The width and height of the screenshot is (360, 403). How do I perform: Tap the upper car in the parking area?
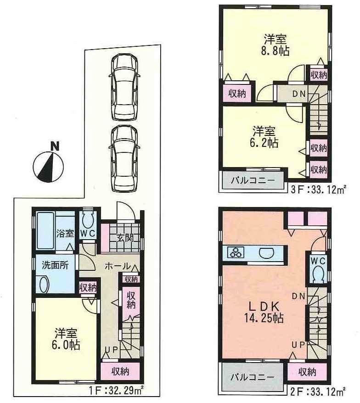tap(123, 86)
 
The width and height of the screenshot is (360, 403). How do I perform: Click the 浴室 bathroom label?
tap(65, 233)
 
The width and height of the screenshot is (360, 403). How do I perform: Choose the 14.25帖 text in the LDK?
tap(263, 317)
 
